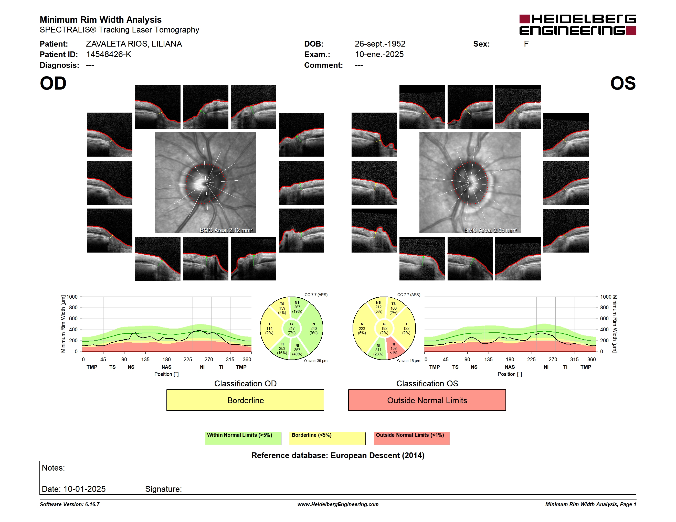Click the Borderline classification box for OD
tap(245, 400)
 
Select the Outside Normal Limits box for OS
tap(427, 400)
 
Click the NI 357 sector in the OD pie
tap(298, 349)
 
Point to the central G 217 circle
tap(291, 328)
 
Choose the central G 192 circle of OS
tap(384, 328)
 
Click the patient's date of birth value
tap(380, 44)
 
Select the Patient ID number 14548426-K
tap(109, 55)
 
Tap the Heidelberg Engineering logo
tap(578, 25)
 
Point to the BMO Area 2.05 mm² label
tap(491, 230)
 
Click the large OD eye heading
tap(53, 83)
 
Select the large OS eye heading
tap(623, 83)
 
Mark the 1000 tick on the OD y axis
tap(72, 297)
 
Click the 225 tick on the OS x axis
tap(531, 359)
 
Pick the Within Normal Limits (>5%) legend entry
tap(243, 438)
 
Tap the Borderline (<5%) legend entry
tap(327, 438)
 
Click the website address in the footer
tap(338, 504)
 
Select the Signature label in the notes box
tap(163, 489)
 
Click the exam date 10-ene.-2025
tap(379, 55)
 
